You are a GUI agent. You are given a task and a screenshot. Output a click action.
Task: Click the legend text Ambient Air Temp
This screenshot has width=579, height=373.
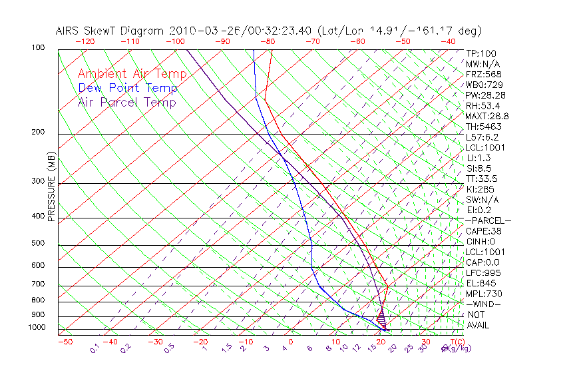pos(132,74)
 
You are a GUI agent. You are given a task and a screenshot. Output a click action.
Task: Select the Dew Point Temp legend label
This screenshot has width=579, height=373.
pos(128,88)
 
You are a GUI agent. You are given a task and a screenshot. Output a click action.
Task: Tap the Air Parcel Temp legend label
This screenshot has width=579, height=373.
pos(127,102)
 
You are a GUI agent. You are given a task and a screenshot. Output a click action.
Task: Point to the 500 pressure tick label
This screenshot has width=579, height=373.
pos(37,244)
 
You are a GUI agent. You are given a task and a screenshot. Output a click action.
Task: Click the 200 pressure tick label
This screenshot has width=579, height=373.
pos(37,132)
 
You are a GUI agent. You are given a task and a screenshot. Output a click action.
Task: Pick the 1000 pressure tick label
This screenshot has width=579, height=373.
pos(36,328)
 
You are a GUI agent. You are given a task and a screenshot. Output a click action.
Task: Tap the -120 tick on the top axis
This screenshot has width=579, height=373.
pos(85,41)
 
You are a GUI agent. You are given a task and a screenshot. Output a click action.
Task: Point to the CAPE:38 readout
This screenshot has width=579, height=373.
pos(483,231)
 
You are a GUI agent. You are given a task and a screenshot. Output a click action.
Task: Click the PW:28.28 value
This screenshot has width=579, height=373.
pos(485,95)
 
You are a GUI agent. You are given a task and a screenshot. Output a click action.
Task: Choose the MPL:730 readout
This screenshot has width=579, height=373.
pos(484,294)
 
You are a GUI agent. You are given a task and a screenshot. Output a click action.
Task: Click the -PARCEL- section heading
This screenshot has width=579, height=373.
pos(488,220)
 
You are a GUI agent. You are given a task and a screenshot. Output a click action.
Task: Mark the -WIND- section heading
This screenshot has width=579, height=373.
pos(484,304)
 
